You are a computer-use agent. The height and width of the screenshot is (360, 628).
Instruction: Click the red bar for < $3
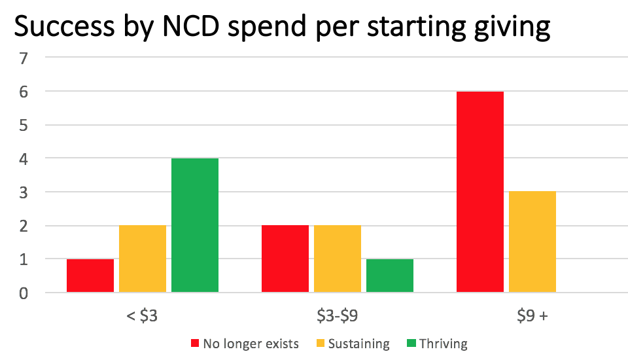[90, 276]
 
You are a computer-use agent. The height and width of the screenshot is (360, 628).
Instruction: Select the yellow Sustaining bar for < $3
[143, 259]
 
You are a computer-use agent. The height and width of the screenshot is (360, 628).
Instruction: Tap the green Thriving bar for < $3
[195, 225]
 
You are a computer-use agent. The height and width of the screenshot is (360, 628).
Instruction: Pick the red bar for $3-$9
[285, 259]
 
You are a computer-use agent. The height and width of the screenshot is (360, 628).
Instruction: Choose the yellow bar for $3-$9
[338, 259]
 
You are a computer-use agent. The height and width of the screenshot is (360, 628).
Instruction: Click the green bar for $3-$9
[390, 276]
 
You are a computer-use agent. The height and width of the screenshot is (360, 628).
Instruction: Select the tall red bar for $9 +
[480, 192]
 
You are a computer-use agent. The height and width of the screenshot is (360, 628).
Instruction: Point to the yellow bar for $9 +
[532, 242]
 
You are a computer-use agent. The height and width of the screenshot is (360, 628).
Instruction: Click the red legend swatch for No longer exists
[194, 344]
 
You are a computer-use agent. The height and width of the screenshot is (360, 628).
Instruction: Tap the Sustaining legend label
[358, 344]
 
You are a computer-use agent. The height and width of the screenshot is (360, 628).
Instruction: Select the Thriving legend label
[444, 344]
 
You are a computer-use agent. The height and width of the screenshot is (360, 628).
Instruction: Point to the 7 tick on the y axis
[24, 58]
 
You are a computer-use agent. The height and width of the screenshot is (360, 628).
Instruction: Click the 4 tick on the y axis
[24, 158]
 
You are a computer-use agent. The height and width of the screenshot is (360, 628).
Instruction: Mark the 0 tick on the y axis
[24, 293]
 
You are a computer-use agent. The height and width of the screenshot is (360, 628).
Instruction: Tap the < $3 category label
[143, 315]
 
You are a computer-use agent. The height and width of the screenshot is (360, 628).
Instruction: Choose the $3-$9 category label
[338, 315]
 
